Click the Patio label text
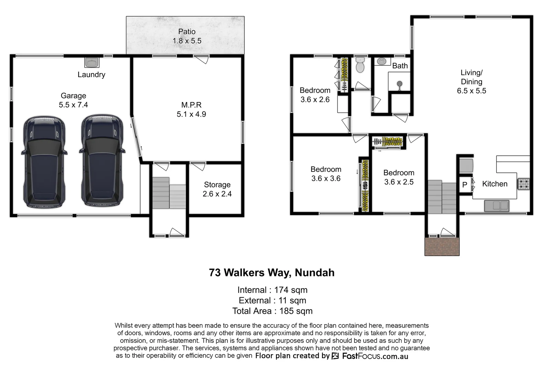pos(187,36)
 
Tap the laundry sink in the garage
pos(92,62)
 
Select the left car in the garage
pos(44,162)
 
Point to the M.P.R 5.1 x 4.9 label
pos(191,110)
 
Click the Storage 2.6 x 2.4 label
pos(217,189)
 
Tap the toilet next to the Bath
pos(360,65)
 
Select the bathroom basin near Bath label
pos(381,61)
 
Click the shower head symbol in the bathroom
pos(399,84)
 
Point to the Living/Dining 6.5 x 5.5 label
pos(471,82)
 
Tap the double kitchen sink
pos(496,206)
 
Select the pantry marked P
pos(464,185)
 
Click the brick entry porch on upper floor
pos(442,246)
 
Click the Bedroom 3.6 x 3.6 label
pos(326,174)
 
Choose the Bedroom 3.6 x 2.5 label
pos(399,177)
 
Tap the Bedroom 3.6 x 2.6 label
pos(315,95)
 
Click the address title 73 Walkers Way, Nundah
pos(271,273)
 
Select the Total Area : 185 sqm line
pos(272,311)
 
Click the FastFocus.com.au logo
pos(370,356)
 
